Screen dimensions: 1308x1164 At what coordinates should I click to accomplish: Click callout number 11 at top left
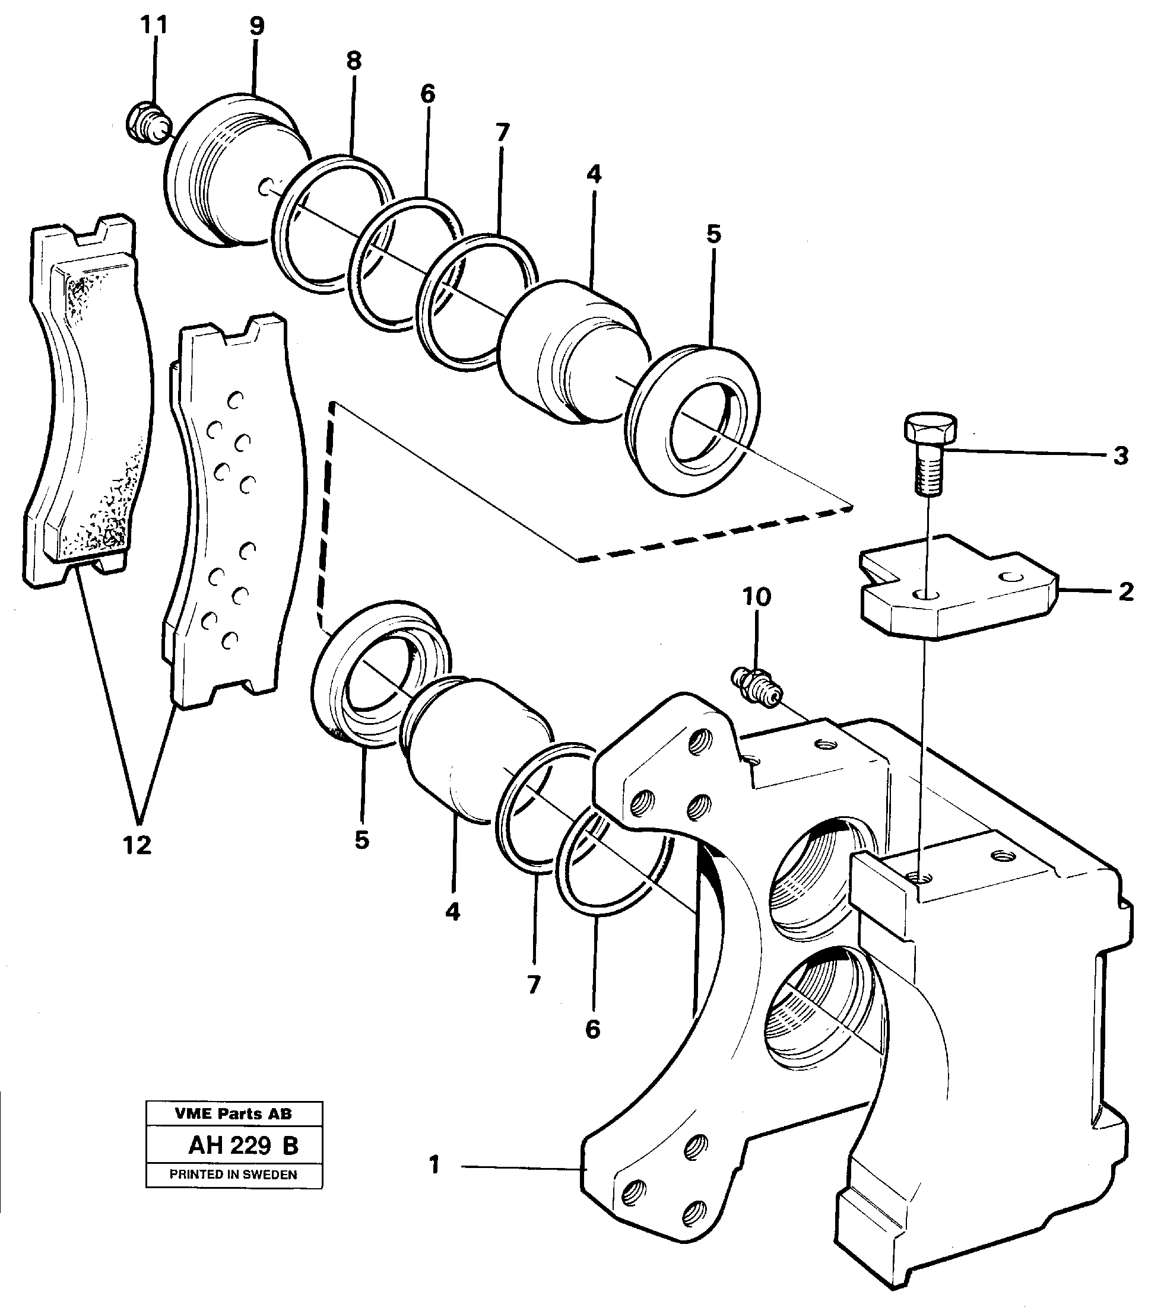pyautogui.click(x=154, y=25)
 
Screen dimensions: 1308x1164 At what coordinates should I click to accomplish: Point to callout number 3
pyautogui.click(x=1120, y=456)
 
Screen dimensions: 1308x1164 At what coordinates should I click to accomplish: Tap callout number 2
pyautogui.click(x=1125, y=592)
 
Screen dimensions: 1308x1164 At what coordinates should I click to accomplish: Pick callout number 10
pyautogui.click(x=756, y=597)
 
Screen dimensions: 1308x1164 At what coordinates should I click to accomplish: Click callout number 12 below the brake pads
pyautogui.click(x=137, y=845)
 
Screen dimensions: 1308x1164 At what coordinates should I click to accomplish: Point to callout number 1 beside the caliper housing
pyautogui.click(x=434, y=1164)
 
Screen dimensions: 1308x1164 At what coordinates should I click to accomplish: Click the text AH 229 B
pyautogui.click(x=243, y=1145)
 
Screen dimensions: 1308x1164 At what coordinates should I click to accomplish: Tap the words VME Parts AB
pyautogui.click(x=233, y=1113)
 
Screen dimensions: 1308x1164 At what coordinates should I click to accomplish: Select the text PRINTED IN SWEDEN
pyautogui.click(x=233, y=1175)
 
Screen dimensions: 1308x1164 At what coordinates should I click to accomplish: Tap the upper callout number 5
pyautogui.click(x=713, y=234)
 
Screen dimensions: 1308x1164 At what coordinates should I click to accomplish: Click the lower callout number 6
pyautogui.click(x=592, y=1029)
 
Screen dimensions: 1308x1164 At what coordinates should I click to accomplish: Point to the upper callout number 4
pyautogui.click(x=594, y=174)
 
